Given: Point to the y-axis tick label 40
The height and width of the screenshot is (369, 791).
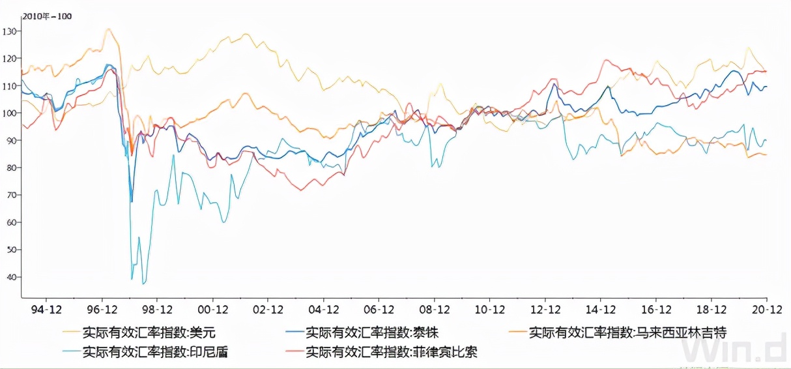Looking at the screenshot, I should coord(10,277).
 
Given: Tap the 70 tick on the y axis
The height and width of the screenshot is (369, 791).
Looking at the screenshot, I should coord(10,195).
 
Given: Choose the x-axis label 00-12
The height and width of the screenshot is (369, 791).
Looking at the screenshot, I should coord(213,309).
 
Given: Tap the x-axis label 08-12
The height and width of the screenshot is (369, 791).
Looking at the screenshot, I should coord(435,309).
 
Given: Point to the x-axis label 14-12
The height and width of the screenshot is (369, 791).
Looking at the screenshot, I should coord(601,309).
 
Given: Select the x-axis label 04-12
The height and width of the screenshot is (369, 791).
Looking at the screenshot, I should coord(324,309).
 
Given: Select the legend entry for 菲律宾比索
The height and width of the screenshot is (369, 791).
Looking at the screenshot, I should coord(391,353).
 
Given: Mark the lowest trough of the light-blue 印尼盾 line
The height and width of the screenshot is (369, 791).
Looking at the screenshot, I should coord(144,284).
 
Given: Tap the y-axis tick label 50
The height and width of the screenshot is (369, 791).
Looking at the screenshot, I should coord(10,250).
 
